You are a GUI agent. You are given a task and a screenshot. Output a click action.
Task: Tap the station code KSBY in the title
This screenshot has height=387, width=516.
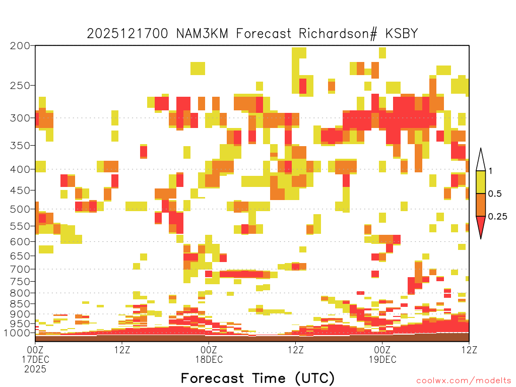[x=402, y=34]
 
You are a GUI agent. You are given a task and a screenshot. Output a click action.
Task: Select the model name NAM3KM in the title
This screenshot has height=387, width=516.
[x=202, y=34]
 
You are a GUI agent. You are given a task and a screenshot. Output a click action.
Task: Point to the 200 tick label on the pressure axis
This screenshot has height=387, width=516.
[x=20, y=46]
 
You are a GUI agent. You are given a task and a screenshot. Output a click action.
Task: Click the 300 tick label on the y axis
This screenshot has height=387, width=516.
[x=20, y=118]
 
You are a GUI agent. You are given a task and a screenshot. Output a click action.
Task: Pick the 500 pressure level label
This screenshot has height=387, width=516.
[x=20, y=209]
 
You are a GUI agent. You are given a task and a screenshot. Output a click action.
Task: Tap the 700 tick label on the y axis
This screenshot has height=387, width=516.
[x=20, y=269]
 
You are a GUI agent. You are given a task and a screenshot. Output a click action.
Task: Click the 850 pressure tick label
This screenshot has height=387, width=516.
[x=20, y=304]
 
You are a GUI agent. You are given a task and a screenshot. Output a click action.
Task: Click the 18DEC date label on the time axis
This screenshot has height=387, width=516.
[x=209, y=359]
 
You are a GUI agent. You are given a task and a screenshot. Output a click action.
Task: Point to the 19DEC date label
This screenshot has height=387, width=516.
[x=382, y=359]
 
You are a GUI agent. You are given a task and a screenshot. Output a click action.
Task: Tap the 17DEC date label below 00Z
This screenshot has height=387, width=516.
[x=36, y=359]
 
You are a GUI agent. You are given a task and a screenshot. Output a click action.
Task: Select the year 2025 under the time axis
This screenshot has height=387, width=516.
[x=35, y=369]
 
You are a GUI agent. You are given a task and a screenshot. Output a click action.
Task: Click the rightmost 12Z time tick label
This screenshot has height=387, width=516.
[x=469, y=350]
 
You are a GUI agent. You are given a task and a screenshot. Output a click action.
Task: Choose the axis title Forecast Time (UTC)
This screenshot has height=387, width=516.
[x=257, y=378]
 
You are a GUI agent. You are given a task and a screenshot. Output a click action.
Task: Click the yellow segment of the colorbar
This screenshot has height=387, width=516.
[x=481, y=182]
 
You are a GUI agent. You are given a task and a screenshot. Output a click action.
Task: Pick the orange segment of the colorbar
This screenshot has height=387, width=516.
[x=481, y=205]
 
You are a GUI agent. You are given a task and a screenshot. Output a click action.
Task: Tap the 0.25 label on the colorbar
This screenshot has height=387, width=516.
[x=497, y=217]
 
